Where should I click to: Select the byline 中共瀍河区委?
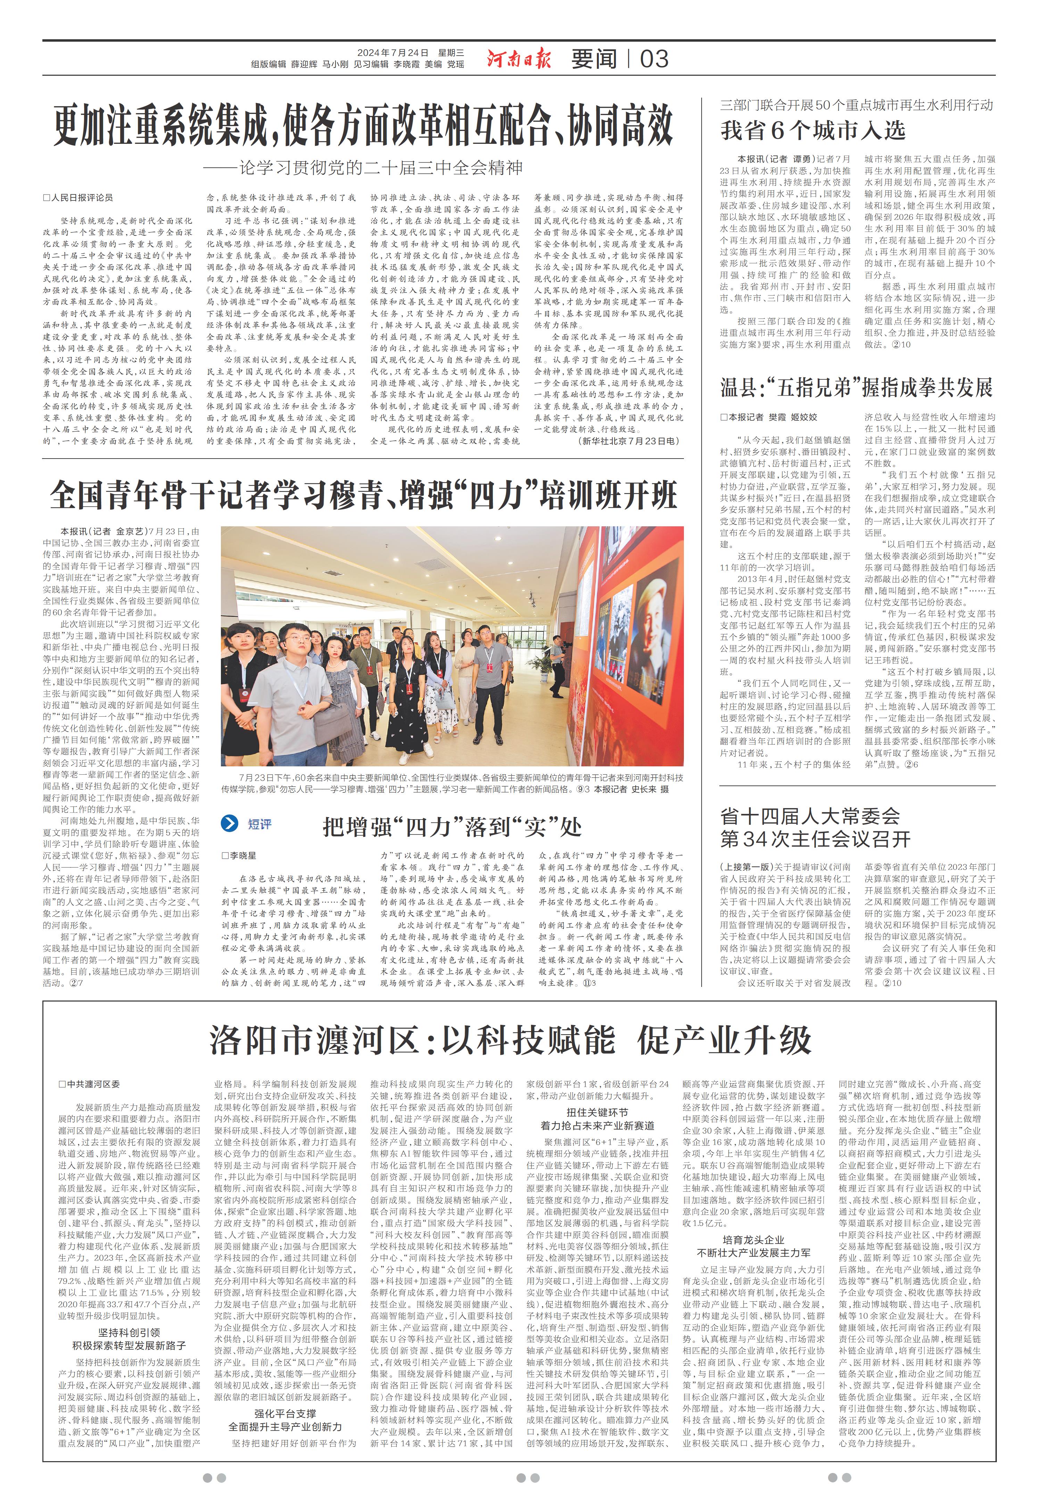coord(90,1084)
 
